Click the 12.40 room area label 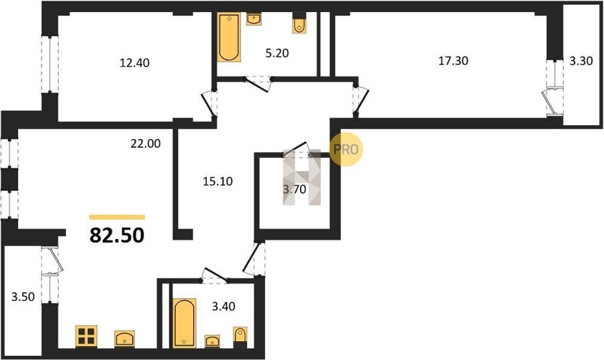click(x=134, y=62)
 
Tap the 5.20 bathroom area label click(x=277, y=53)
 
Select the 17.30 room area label click(x=454, y=60)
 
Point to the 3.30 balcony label click(x=581, y=61)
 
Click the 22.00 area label click(x=145, y=143)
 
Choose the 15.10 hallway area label click(x=217, y=181)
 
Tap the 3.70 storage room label click(x=295, y=189)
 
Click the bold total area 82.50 click(x=117, y=235)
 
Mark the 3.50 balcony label click(x=23, y=297)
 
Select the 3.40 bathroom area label click(x=223, y=306)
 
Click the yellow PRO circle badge click(x=346, y=149)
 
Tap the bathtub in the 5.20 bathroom click(x=229, y=37)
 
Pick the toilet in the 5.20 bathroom click(x=299, y=24)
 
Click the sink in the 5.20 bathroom click(x=254, y=19)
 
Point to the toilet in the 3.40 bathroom click(x=240, y=338)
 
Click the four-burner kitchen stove click(x=87, y=336)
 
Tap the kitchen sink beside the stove click(x=124, y=339)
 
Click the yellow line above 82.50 click(x=117, y=218)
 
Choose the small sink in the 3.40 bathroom click(x=212, y=341)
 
